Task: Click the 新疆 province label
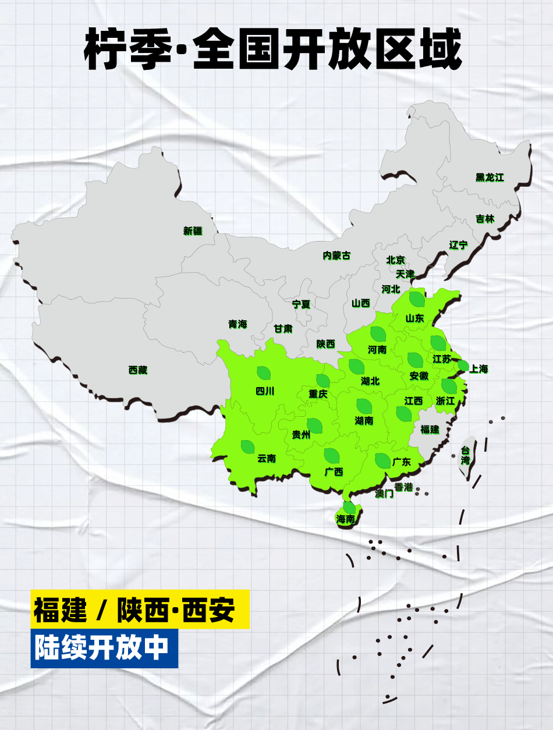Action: tap(193, 231)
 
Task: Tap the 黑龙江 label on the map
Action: tap(489, 178)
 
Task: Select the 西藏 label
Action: tap(138, 370)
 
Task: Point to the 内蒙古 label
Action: tap(337, 256)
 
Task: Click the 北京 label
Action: tap(395, 260)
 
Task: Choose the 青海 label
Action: tap(237, 324)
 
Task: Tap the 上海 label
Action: tap(478, 369)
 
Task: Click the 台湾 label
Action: tap(465, 455)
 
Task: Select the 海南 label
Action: tap(345, 519)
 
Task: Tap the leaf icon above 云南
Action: tap(247, 447)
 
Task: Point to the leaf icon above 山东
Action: tap(416, 299)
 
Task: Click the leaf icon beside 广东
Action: tap(382, 460)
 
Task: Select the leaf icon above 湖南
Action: tap(364, 406)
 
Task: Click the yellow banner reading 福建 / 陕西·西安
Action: tap(140, 609)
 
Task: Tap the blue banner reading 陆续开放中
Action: tap(104, 649)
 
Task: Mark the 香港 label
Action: tap(403, 487)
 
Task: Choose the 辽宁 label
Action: tap(458, 245)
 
